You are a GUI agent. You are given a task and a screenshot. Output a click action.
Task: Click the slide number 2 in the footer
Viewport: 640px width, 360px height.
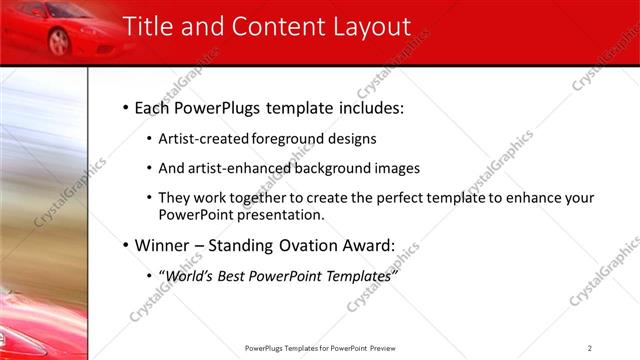click(590, 347)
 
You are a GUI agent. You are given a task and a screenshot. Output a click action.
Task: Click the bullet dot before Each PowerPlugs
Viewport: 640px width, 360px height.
click(124, 107)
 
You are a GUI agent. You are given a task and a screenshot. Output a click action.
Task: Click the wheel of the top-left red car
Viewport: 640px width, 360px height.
click(59, 42)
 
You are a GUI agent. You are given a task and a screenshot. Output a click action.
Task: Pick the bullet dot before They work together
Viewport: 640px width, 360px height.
click(150, 199)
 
